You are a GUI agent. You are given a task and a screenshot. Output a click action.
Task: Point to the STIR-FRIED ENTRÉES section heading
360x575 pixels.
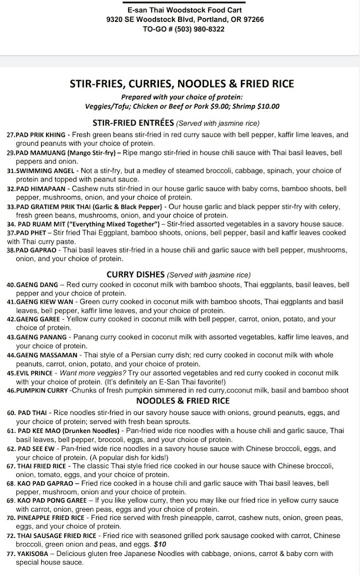click(133, 123)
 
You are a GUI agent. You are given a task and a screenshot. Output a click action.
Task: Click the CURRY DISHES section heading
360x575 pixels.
click(135, 275)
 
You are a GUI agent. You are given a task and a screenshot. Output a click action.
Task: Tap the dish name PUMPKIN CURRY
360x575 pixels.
click(42, 390)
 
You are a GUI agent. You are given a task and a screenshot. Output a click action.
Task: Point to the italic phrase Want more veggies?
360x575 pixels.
click(89, 373)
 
